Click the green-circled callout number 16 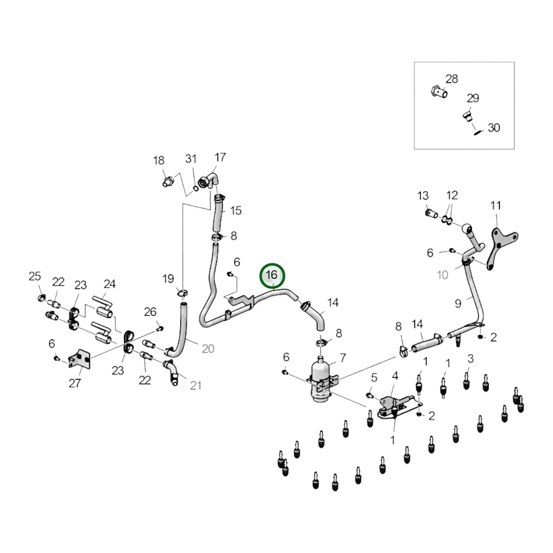(271, 275)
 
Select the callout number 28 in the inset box (452, 79)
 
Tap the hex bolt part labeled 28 (439, 91)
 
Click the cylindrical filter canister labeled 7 (320, 379)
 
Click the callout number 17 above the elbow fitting (220, 157)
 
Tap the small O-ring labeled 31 (196, 188)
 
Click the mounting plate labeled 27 (80, 359)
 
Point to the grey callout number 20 (208, 349)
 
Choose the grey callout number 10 (442, 275)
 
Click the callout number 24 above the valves (109, 284)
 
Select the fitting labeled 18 (168, 181)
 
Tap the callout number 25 (35, 276)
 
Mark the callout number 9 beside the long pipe (458, 303)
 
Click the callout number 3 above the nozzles (470, 359)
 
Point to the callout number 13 (423, 196)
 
